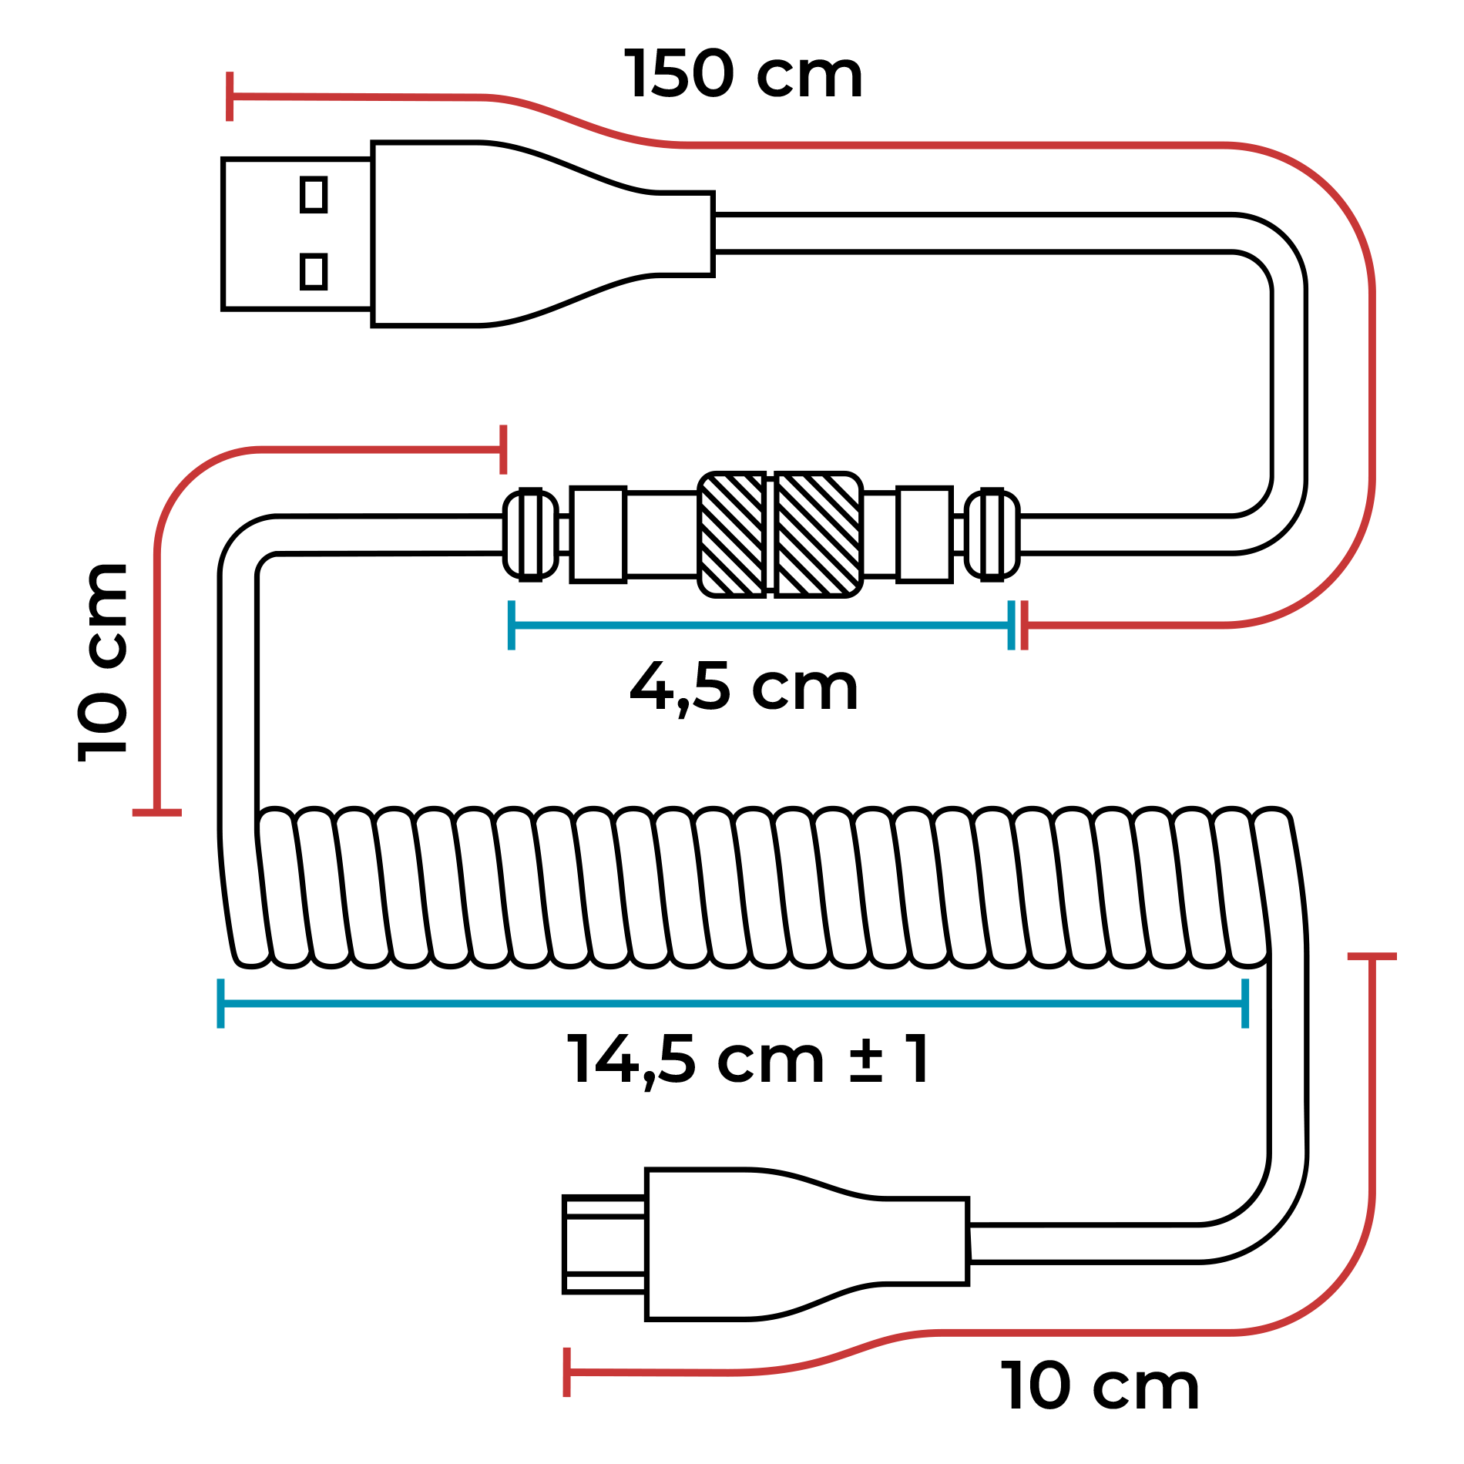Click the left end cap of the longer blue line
click(220, 1003)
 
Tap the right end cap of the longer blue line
click(1245, 1003)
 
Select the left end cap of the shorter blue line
click(511, 625)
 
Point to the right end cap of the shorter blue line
click(1011, 625)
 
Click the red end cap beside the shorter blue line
click(1024, 625)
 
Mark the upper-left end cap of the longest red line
click(230, 96)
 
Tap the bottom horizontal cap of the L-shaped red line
click(156, 812)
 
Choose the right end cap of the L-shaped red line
click(503, 449)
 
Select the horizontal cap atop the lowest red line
click(1372, 957)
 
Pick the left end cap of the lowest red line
click(566, 1372)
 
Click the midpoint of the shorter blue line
click(761, 625)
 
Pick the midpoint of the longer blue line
click(733, 1003)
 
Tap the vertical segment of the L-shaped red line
click(157, 678)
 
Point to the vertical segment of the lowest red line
click(1372, 1079)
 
